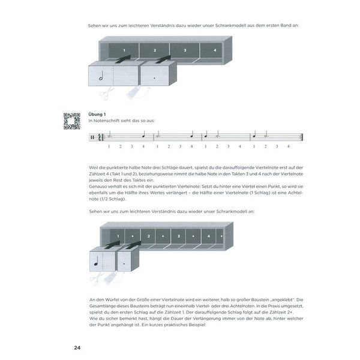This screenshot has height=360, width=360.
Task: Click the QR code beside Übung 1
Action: [x=72, y=120]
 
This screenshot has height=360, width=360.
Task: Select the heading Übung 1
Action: [x=97, y=114]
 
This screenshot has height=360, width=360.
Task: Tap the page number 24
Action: [x=77, y=348]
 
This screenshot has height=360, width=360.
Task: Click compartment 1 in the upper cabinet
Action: [x=124, y=50]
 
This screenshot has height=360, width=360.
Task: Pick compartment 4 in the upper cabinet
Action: [x=214, y=50]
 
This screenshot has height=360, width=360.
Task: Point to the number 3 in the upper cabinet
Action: [x=184, y=50]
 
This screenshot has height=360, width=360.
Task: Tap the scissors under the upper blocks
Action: [x=106, y=94]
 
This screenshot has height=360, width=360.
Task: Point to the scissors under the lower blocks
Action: [x=96, y=277]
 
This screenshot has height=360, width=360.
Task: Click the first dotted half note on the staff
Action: [x=109, y=136]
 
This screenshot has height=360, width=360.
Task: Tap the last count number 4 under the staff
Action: [x=289, y=146]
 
